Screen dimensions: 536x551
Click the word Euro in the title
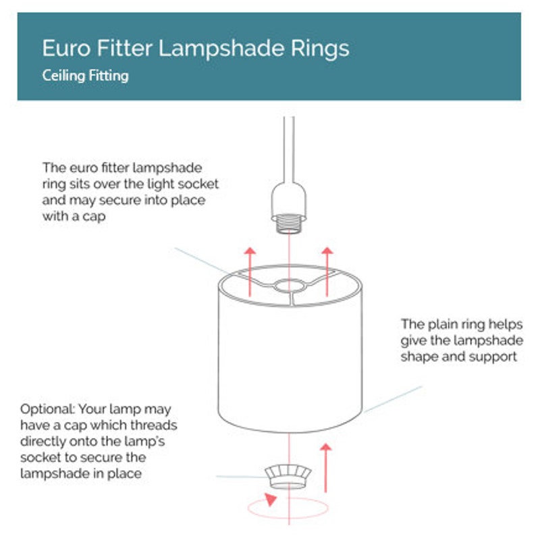pos(66,48)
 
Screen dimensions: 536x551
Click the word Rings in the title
pos(320,49)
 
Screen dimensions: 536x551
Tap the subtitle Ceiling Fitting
pos(85,76)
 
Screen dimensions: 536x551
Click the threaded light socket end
pos(288,224)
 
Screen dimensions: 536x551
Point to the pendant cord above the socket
pos(289,149)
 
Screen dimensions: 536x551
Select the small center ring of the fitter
pos(289,286)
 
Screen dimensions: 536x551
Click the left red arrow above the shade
pos(250,271)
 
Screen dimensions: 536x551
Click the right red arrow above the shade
pos(327,271)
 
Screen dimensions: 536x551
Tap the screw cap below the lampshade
pos(288,477)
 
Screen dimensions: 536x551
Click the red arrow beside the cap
pos(325,467)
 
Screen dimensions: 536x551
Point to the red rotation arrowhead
pos(271,499)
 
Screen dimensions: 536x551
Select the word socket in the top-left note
pos(198,184)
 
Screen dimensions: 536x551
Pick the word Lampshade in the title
pos(221,49)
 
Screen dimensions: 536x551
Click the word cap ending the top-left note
pos(94,217)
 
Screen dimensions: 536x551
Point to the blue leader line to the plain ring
pos(393,399)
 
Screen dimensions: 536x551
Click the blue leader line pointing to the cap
pos(241,477)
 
